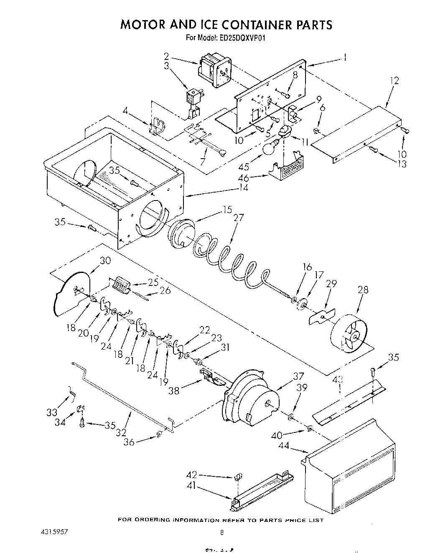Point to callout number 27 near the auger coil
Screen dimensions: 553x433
coord(239,218)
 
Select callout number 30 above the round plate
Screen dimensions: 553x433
coord(105,260)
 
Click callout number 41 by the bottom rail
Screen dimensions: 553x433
coord(192,488)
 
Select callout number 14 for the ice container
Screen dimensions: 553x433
coord(243,188)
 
